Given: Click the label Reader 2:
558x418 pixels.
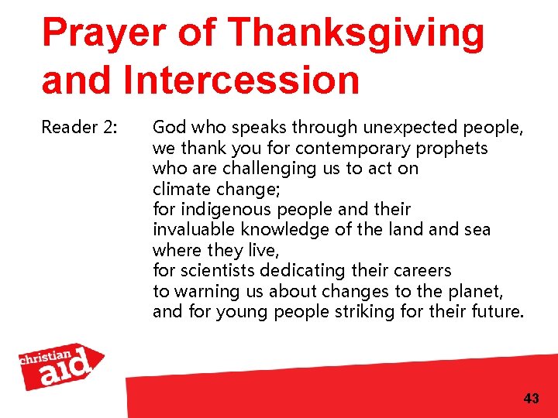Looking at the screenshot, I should pyautogui.click(x=79, y=127).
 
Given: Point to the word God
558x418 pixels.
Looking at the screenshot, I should pyautogui.click(x=168, y=127).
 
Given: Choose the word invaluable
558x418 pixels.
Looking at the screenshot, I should pyautogui.click(x=193, y=230).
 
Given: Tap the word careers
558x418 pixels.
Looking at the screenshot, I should pyautogui.click(x=422, y=272).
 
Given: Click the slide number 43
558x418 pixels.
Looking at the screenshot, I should pyautogui.click(x=531, y=399).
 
